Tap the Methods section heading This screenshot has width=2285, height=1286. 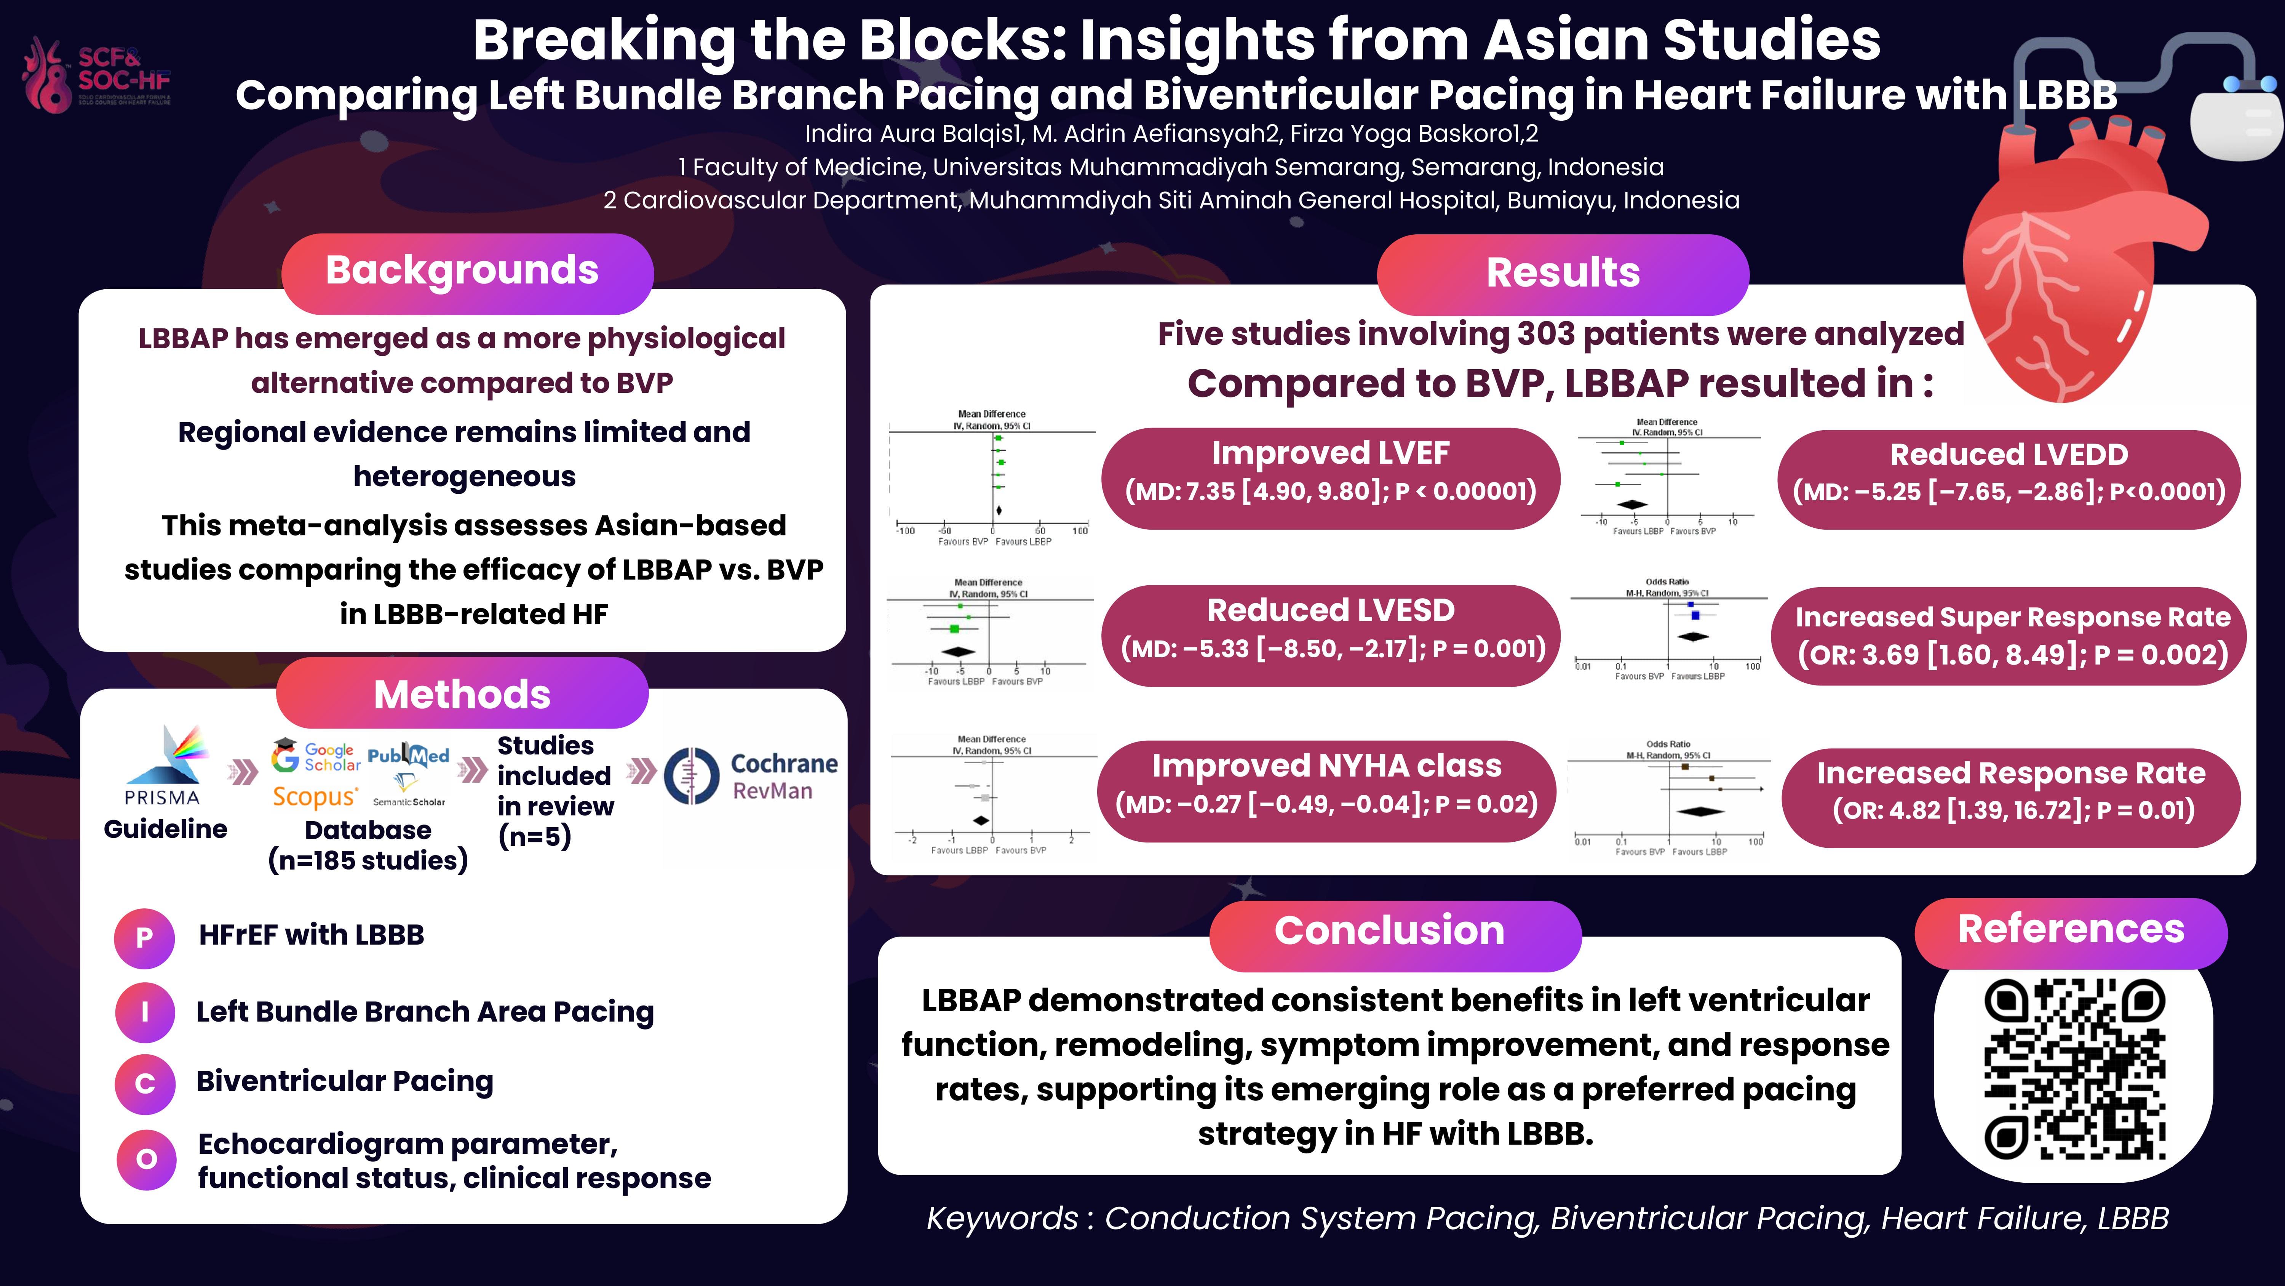pos(462,694)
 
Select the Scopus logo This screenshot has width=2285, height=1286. pos(315,796)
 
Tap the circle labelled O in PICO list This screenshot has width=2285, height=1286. pos(146,1159)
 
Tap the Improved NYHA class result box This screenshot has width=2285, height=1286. pos(1326,784)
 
